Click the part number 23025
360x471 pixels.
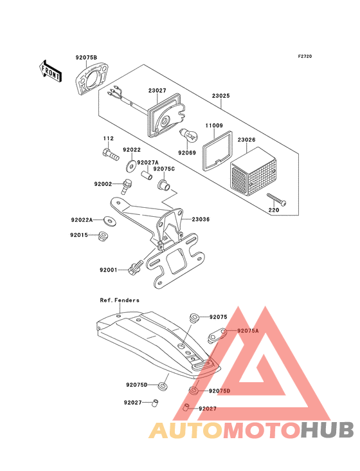[x=222, y=97]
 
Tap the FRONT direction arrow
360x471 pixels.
[x=50, y=69]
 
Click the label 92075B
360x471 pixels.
[x=85, y=59]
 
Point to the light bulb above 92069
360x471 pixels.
[x=188, y=136]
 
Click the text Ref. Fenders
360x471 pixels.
[x=120, y=300]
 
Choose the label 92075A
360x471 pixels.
[x=248, y=330]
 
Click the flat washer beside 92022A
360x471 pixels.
[x=112, y=221]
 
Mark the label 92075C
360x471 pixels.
[x=164, y=169]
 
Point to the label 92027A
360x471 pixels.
[x=148, y=163]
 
